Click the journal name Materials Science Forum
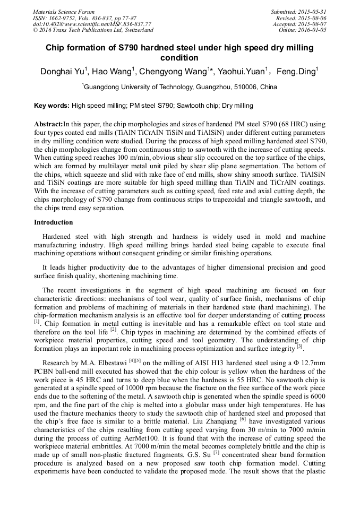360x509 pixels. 64,12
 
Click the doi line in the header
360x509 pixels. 91,24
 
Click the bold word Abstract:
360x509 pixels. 48,123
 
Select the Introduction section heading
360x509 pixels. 53,222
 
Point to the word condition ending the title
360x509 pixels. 179,57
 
